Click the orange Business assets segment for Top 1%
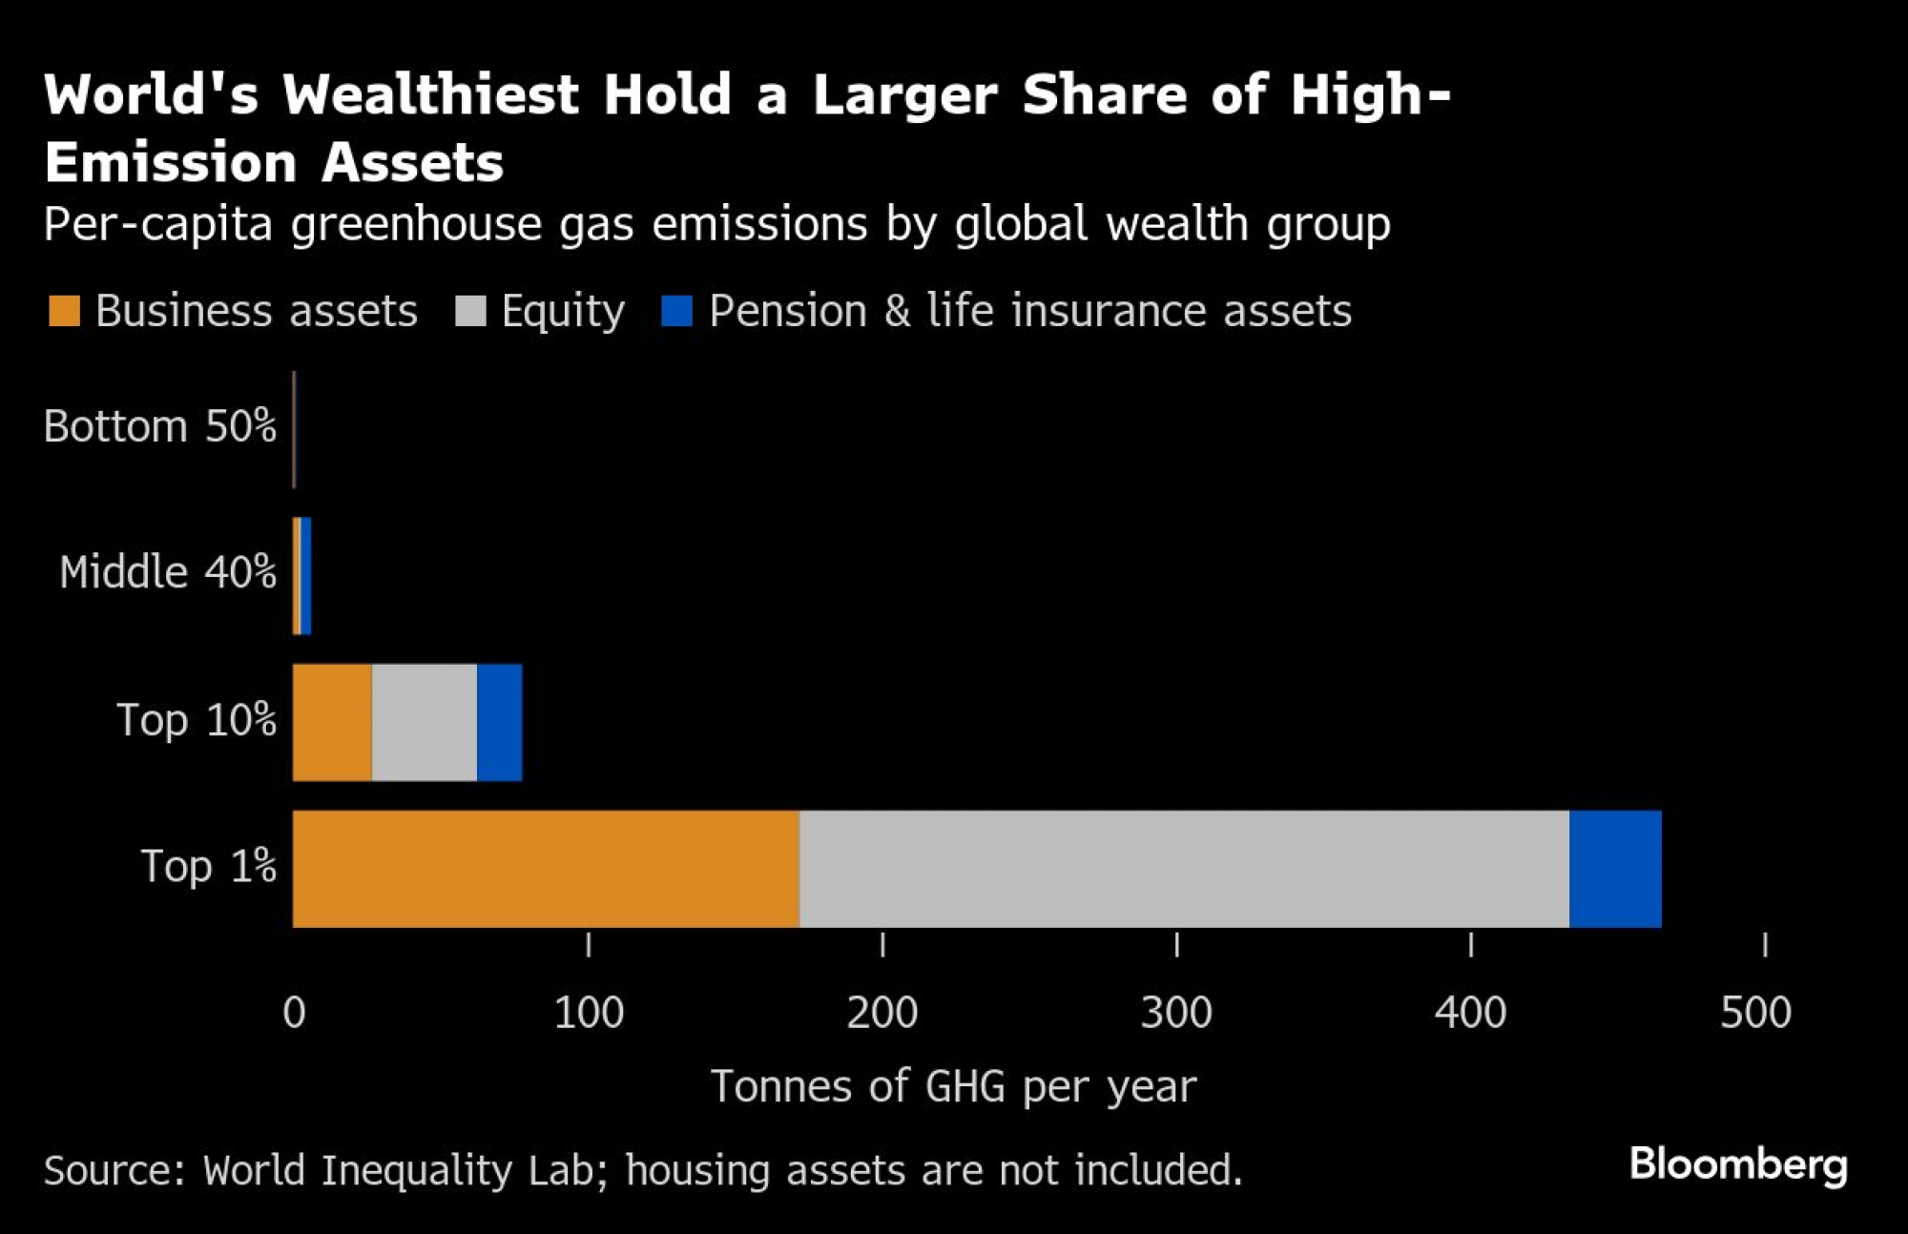pos(546,869)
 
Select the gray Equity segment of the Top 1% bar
pos(1184,869)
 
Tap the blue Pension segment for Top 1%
pos(1615,869)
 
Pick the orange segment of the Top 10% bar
pos(332,722)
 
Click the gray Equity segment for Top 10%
pos(425,722)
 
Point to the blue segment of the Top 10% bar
pos(500,722)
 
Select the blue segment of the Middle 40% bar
pos(306,576)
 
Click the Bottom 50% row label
pos(159,426)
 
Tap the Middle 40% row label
pos(167,572)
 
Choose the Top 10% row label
pos(196,720)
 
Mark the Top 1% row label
pos(208,866)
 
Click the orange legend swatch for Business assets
pos(64,311)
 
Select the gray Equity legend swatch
pos(470,311)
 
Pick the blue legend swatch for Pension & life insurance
pos(676,311)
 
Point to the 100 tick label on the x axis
pos(589,1013)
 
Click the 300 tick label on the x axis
pos(1176,1013)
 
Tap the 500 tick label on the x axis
pos(1755,1013)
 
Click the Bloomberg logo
pos(1738,1165)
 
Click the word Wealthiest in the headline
pos(431,95)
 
